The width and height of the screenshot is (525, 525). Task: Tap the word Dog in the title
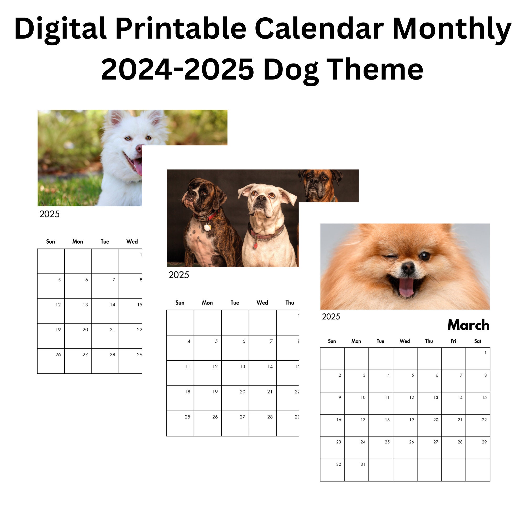coord(291,70)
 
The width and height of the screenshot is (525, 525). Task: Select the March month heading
coord(468,325)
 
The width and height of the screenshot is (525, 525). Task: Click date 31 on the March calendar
coord(363,464)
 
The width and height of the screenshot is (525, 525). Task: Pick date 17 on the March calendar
coord(363,420)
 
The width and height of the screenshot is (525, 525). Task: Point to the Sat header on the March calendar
coord(477,341)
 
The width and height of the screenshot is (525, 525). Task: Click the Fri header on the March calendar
coord(453,341)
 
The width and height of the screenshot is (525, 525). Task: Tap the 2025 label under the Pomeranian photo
coord(331,317)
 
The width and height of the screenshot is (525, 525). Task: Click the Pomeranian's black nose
coord(408,268)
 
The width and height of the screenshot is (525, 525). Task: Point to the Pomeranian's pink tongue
coord(406,287)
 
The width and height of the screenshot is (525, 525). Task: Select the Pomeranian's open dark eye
coord(424,256)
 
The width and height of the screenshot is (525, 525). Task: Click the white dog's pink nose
coord(139,148)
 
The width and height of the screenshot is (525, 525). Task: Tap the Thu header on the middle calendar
coord(290,303)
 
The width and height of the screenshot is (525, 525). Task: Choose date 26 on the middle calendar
coord(215,417)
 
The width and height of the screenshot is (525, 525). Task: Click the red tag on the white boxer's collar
coord(255,245)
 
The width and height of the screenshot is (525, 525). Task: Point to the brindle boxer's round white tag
coord(207,227)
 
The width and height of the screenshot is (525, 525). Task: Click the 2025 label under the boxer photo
coord(178,275)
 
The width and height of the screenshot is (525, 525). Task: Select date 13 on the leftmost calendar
coord(85,304)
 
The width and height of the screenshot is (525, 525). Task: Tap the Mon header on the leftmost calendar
coord(78,241)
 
